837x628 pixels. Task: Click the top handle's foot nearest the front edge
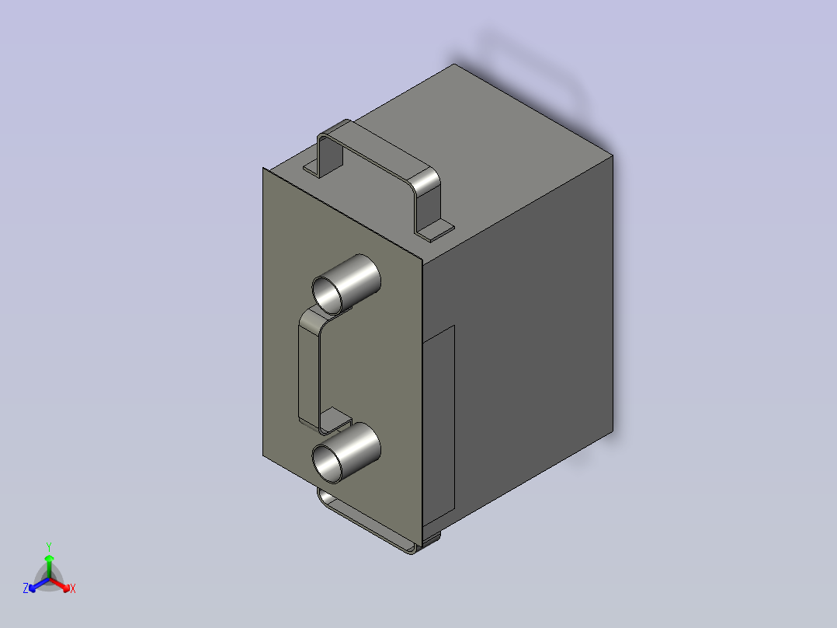[436, 229]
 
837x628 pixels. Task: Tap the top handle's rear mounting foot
[314, 167]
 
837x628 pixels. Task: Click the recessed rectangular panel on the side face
[439, 424]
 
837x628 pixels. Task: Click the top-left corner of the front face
[264, 168]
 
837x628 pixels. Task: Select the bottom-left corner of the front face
[264, 457]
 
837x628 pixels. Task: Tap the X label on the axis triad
[73, 589]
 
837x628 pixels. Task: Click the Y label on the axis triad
[49, 546]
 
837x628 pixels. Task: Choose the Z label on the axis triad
[26, 588]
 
